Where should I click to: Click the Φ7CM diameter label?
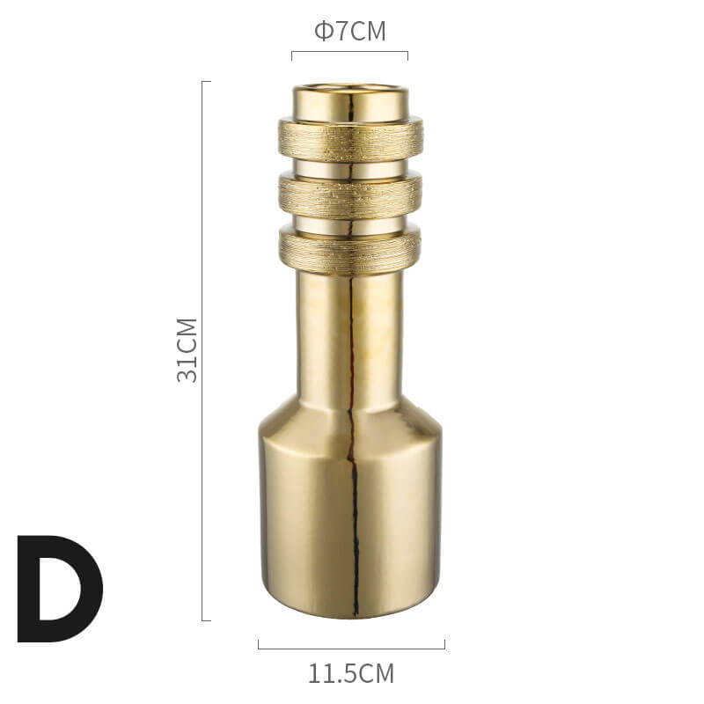tap(349, 31)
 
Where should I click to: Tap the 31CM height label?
tap(187, 350)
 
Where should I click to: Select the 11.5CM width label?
tap(351, 673)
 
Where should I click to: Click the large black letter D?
tap(60, 589)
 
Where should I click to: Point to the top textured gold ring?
tap(350, 139)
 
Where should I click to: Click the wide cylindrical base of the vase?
tap(351, 525)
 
